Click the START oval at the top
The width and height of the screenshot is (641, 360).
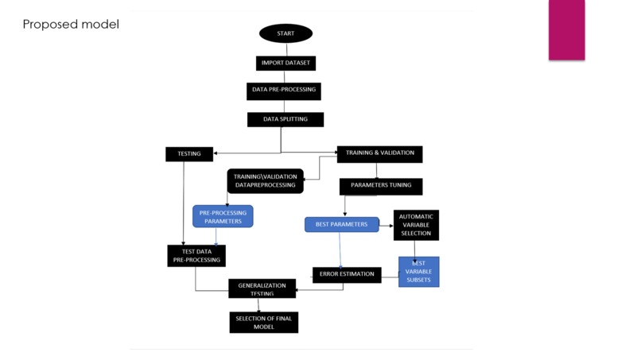tap(286, 33)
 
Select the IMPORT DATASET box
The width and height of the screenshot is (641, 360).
tap(286, 63)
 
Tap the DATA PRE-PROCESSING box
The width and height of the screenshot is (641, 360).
tap(284, 90)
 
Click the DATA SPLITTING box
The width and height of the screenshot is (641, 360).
tap(286, 119)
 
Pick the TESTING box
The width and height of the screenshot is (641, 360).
tap(189, 153)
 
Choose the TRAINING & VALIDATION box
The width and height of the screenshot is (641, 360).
tap(379, 153)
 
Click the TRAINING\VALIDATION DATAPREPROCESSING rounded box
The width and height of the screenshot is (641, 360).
tap(266, 181)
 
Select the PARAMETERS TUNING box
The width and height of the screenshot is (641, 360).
tap(381, 186)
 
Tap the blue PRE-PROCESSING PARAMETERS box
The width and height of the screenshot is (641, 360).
tap(223, 217)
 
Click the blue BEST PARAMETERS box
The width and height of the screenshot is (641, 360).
tap(341, 225)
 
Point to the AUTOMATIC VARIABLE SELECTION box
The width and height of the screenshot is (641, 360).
tap(416, 225)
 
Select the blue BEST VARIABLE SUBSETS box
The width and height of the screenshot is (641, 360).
tap(418, 271)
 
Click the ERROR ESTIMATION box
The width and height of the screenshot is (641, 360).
tap(347, 274)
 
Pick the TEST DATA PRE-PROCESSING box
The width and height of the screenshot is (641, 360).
tap(196, 256)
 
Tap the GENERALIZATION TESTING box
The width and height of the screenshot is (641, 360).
tap(262, 289)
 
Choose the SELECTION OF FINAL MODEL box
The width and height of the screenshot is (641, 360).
tap(263, 322)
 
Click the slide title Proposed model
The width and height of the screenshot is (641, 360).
tap(71, 25)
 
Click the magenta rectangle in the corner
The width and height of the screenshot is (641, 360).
tap(566, 29)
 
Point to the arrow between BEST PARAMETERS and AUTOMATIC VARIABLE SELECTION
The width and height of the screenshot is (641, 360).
tap(387, 225)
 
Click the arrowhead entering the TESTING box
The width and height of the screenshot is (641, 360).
tap(216, 153)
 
